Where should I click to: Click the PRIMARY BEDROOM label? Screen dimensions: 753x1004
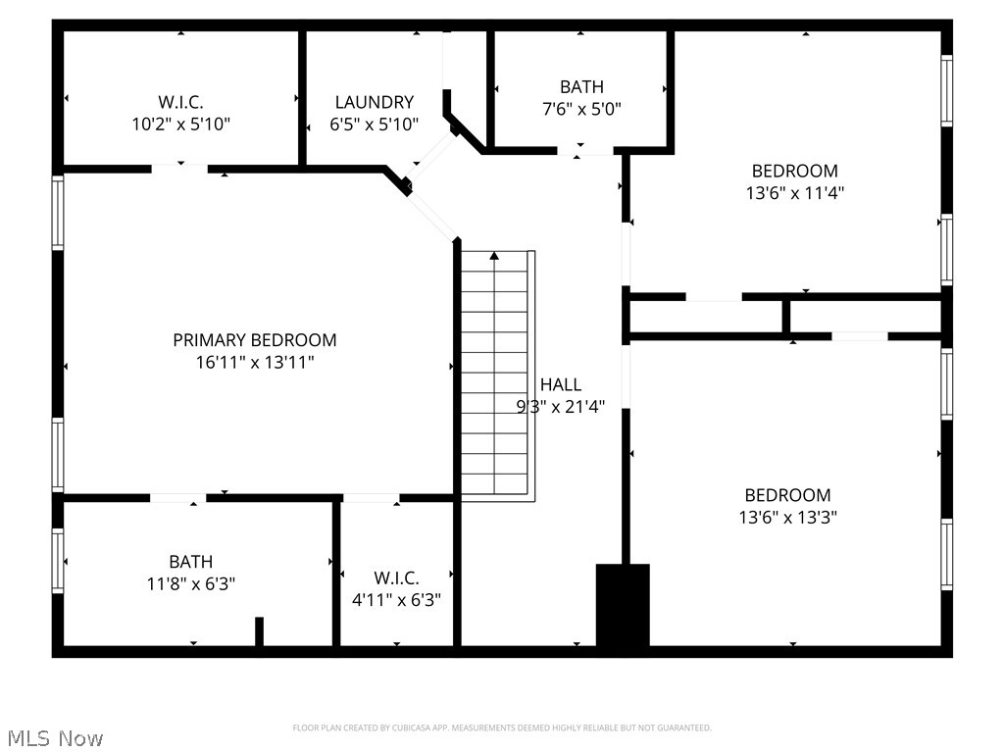click(254, 340)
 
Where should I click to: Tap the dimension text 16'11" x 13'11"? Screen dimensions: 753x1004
click(254, 363)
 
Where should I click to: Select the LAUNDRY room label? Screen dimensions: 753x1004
click(374, 102)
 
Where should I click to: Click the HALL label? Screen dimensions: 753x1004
click(560, 385)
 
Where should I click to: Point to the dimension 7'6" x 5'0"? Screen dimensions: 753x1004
click(581, 109)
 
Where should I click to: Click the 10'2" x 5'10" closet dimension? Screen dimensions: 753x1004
click(180, 125)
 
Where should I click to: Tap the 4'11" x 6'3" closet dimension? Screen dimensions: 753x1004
click(396, 600)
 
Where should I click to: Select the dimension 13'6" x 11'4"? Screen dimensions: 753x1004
click(794, 193)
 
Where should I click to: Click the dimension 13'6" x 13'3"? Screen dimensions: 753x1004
click(787, 518)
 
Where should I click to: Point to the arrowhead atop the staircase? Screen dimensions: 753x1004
click(494, 257)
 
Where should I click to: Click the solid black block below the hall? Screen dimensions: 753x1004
click(623, 605)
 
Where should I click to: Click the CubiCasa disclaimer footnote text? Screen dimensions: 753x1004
click(501, 728)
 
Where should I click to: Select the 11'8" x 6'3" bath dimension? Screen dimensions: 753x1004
click(190, 583)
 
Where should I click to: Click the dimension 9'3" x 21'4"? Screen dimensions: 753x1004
click(560, 407)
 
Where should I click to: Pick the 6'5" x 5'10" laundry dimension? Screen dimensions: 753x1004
click(374, 125)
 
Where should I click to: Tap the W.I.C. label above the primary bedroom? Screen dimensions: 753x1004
click(180, 102)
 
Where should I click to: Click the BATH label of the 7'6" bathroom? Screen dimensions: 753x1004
click(581, 87)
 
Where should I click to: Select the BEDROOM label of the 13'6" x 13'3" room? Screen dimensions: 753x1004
click(787, 495)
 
